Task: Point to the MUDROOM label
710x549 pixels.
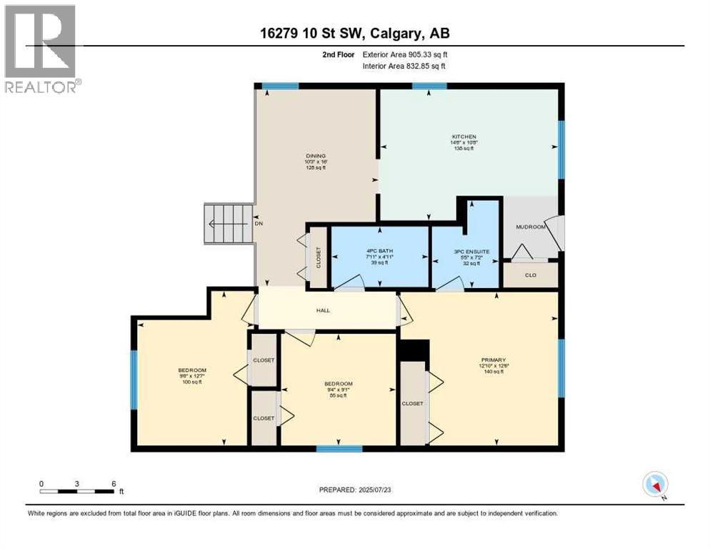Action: pyautogui.click(x=530, y=227)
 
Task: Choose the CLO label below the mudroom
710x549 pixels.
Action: pyautogui.click(x=530, y=273)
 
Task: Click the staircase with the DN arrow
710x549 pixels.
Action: pyautogui.click(x=229, y=223)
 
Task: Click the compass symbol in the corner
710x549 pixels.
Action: pyautogui.click(x=655, y=485)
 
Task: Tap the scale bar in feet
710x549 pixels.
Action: pyautogui.click(x=77, y=490)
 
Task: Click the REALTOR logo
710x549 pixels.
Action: pyautogui.click(x=41, y=49)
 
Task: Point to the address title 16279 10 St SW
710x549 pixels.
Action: pyautogui.click(x=354, y=33)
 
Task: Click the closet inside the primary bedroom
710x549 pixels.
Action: pyautogui.click(x=412, y=403)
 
